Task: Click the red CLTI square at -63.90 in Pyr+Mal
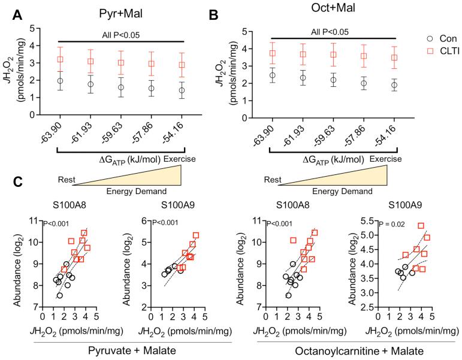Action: [x=59, y=60]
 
